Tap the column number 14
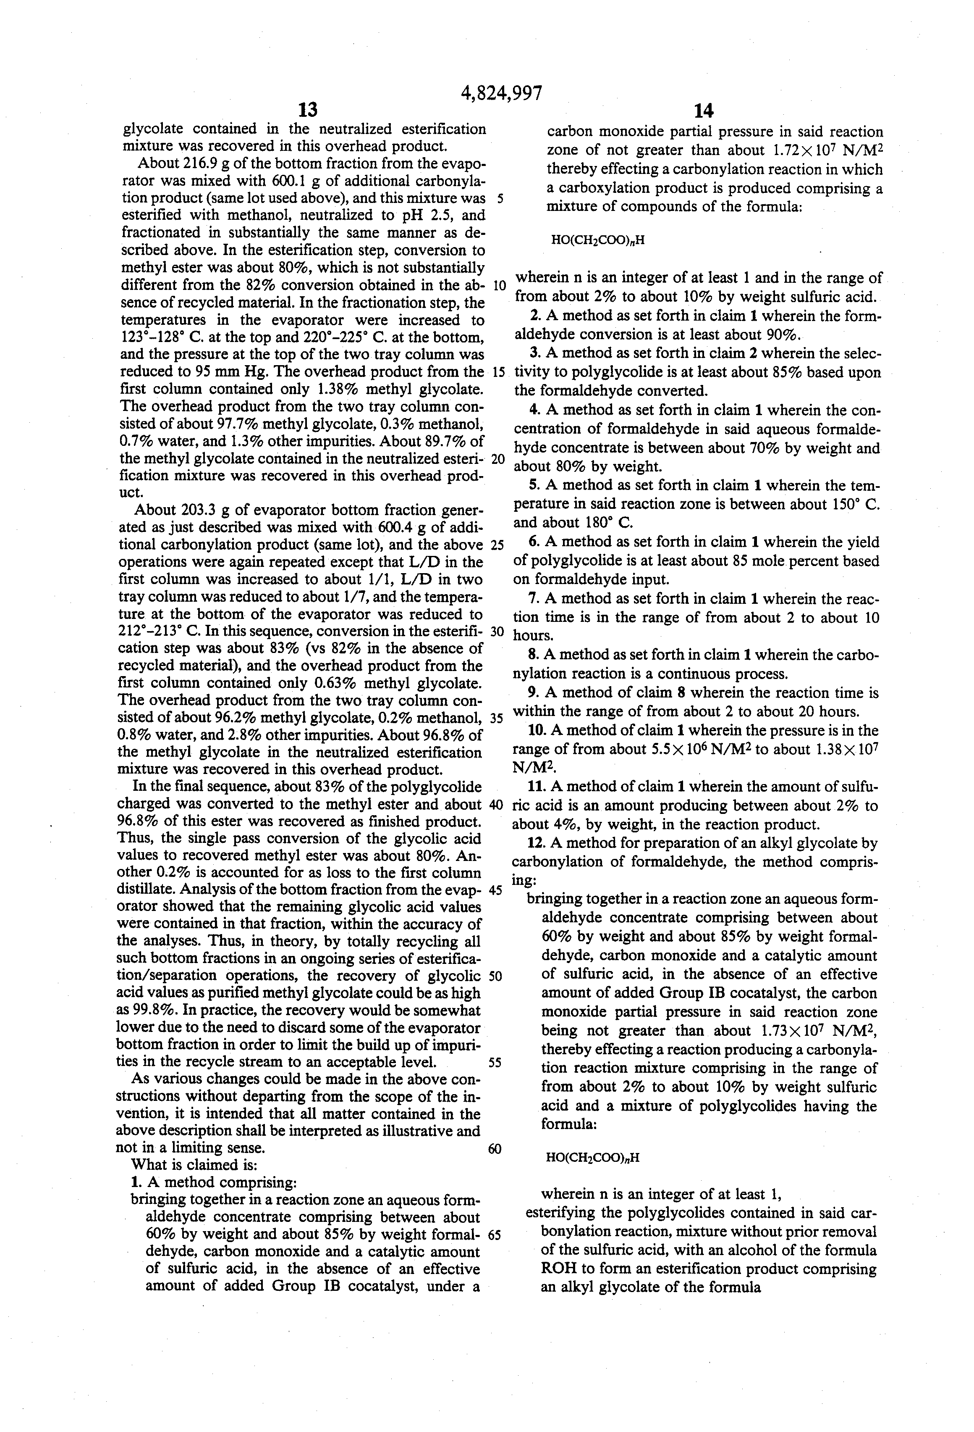pos(703,111)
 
